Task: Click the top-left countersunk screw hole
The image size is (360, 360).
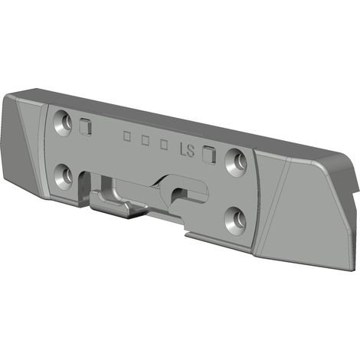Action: pyautogui.click(x=63, y=123)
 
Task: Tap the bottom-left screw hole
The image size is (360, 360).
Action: pyautogui.click(x=64, y=177)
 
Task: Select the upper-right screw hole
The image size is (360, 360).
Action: pyautogui.click(x=236, y=162)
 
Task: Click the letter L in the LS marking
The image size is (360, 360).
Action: pyautogui.click(x=182, y=149)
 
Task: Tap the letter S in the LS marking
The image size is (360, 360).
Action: pyautogui.click(x=190, y=151)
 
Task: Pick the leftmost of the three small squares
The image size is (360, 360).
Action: pyautogui.click(x=126, y=136)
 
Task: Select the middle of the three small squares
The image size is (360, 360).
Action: pyautogui.click(x=146, y=140)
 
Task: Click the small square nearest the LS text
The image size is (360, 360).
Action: pyautogui.click(x=164, y=145)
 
